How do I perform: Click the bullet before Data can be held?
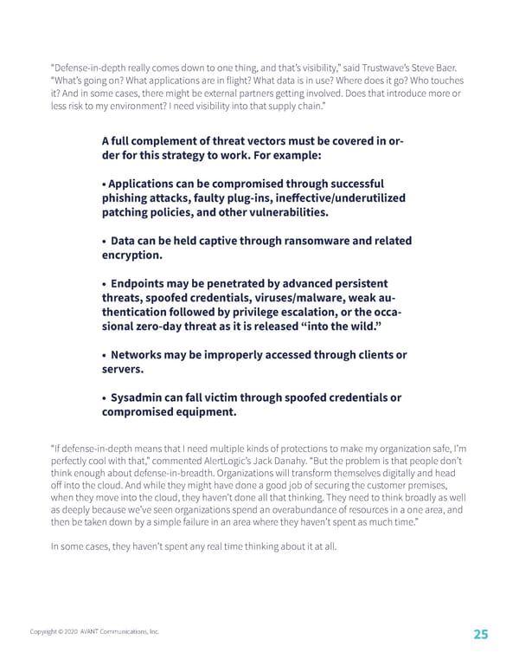click(104, 240)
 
